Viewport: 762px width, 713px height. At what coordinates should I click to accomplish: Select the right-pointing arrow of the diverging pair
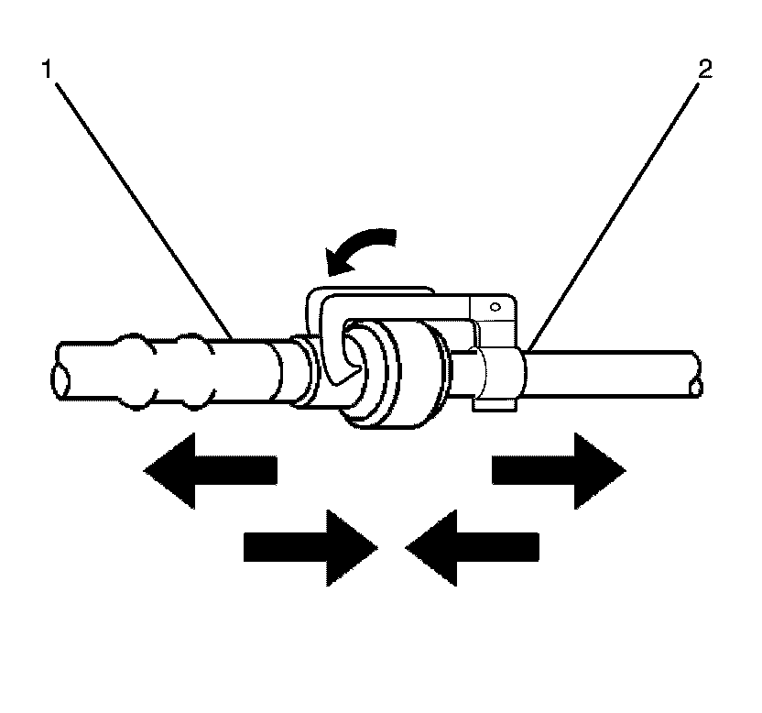(559, 470)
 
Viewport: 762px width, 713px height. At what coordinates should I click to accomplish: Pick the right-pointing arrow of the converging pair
(310, 547)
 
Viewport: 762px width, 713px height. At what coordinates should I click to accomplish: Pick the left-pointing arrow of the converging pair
(473, 547)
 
